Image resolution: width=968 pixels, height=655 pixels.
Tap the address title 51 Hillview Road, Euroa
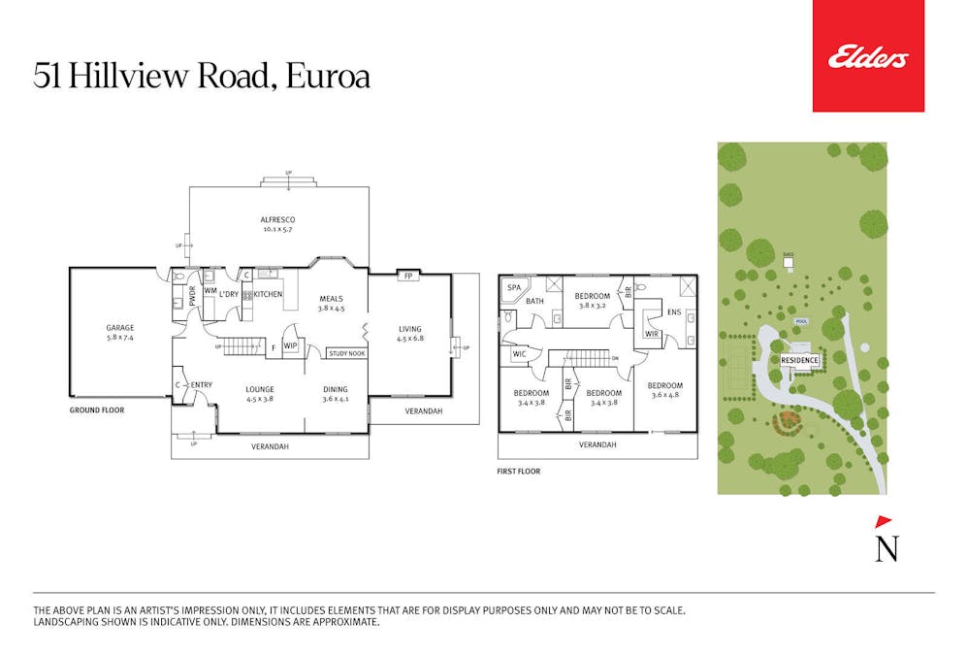pyautogui.click(x=202, y=77)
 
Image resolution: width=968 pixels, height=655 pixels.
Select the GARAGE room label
pyautogui.click(x=120, y=328)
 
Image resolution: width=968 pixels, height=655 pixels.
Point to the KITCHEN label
pyautogui.click(x=268, y=294)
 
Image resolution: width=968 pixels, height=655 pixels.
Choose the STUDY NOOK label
pyautogui.click(x=347, y=353)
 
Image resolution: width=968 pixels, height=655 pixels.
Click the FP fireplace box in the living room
pyautogui.click(x=407, y=275)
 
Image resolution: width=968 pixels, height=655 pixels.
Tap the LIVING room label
pyautogui.click(x=410, y=329)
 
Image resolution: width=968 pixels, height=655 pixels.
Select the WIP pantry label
pyautogui.click(x=290, y=345)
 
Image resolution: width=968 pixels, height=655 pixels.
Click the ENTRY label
pyautogui.click(x=201, y=385)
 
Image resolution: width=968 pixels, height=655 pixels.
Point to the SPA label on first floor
pyautogui.click(x=514, y=288)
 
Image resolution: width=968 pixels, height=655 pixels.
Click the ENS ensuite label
pyautogui.click(x=674, y=312)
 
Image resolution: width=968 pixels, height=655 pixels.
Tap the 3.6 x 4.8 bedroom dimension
pyautogui.click(x=664, y=394)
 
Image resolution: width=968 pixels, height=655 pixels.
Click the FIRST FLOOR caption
pyautogui.click(x=518, y=472)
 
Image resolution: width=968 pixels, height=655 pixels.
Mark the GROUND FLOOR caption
pyautogui.click(x=96, y=410)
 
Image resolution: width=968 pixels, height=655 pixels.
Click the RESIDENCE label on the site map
pyautogui.click(x=800, y=360)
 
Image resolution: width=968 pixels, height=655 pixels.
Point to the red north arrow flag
pyautogui.click(x=884, y=521)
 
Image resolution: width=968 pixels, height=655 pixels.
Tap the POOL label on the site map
pyautogui.click(x=800, y=320)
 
